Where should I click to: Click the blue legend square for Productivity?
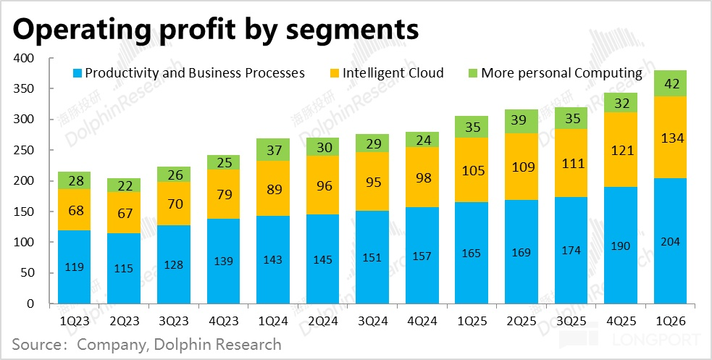tap(76, 73)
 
